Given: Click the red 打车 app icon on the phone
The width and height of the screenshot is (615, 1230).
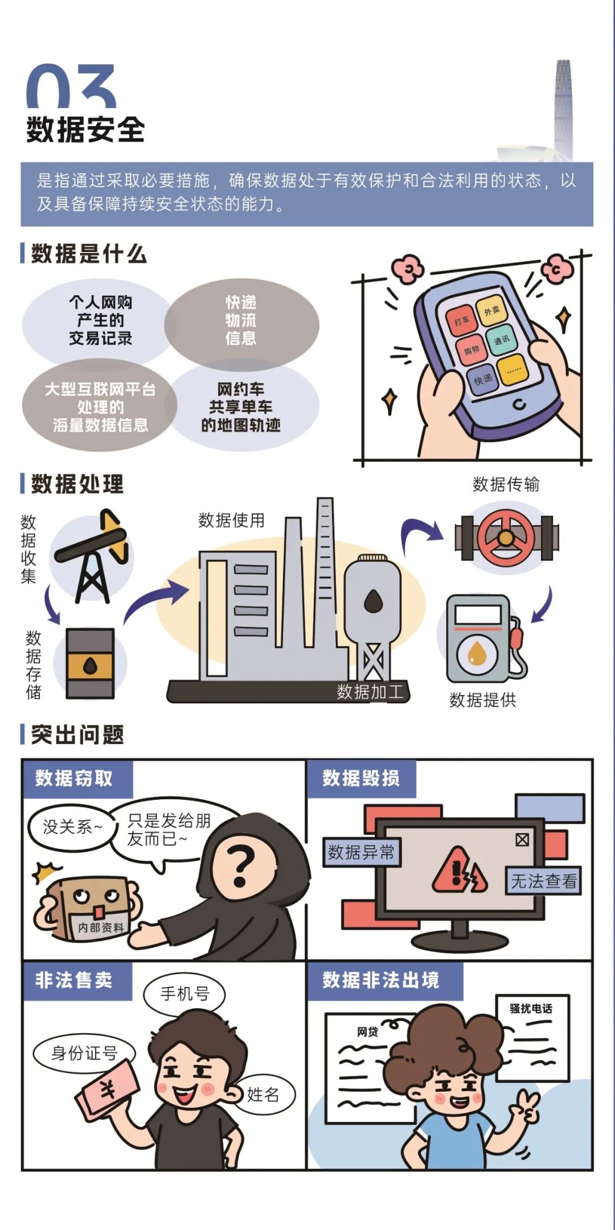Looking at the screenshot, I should pos(461,321).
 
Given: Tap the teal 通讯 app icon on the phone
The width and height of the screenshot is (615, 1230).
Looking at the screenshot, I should pos(501,340).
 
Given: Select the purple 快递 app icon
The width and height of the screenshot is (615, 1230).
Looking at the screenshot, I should pos(483,379).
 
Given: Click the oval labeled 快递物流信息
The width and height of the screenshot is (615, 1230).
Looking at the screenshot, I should pos(241,321).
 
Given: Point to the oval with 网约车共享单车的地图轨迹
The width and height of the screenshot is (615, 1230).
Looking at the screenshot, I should pos(241,407).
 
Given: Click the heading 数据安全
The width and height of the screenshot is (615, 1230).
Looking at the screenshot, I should pos(85,130).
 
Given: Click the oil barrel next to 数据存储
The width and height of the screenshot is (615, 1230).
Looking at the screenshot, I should pos(91,663).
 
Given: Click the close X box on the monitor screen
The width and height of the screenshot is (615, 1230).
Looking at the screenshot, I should pos(522,840).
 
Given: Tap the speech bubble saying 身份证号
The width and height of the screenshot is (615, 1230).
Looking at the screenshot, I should pos(84,1053).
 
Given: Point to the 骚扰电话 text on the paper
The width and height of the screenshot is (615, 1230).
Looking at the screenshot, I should pos(531,1009).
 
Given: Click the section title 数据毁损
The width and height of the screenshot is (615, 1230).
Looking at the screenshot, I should pos(361,778).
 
